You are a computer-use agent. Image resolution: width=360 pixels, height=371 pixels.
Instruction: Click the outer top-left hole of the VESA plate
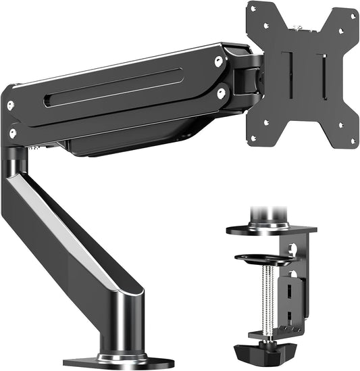click(x=253, y=9)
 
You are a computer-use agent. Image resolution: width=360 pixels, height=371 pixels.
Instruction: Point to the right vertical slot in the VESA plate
click(x=323, y=75)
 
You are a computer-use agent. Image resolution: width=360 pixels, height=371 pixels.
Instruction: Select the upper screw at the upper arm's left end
click(x=10, y=106)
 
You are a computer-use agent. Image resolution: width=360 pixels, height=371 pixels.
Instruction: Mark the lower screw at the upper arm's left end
click(x=12, y=133)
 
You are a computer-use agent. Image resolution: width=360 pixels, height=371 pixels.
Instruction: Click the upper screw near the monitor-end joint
click(x=218, y=61)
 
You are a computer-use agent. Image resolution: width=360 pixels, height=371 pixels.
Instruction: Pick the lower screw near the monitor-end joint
click(x=222, y=94)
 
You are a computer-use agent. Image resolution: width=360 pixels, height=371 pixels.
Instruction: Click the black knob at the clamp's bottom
click(x=269, y=353)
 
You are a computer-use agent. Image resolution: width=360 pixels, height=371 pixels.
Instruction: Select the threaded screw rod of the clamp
click(x=268, y=297)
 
